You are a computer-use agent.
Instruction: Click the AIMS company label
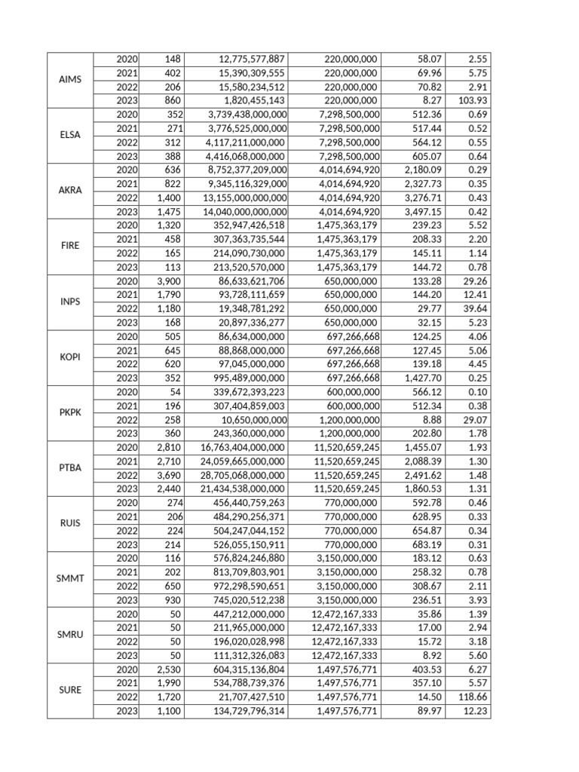coord(69,79)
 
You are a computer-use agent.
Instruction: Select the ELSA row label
coord(69,135)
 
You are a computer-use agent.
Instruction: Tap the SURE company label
coord(69,690)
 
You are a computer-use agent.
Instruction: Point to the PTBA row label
coord(69,468)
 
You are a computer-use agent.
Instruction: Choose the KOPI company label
coord(69,357)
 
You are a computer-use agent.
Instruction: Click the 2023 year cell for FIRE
coord(128,267)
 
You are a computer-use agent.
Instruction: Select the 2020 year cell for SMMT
coord(128,558)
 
